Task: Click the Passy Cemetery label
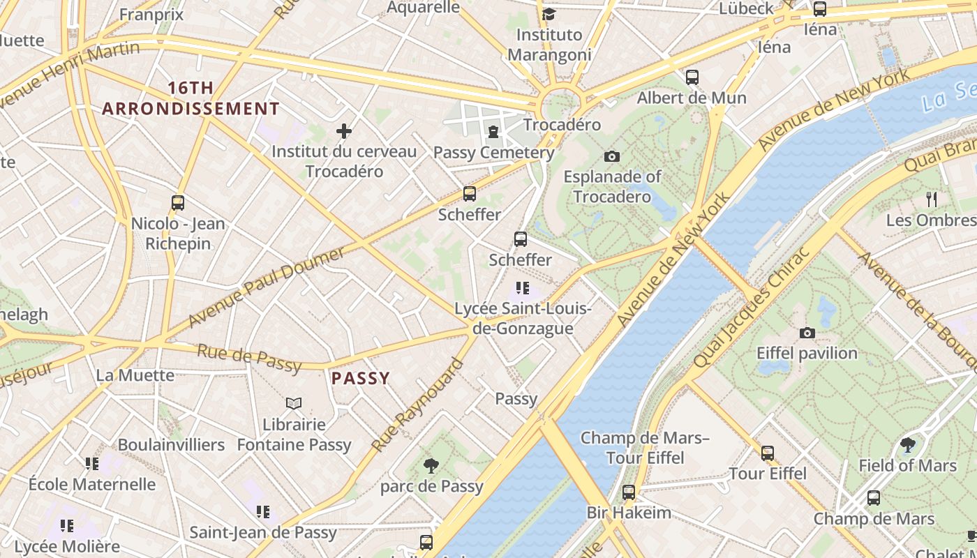coord(493,153)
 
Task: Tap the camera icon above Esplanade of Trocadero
coord(612,156)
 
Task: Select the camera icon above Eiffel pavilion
coord(807,333)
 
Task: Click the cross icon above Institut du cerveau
coord(343,130)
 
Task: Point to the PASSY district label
coord(360,378)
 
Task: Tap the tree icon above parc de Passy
coord(431,465)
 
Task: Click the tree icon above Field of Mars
coord(907,444)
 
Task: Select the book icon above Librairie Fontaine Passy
coord(294,403)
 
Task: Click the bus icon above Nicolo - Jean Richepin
coord(178,203)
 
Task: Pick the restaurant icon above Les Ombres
coord(932,199)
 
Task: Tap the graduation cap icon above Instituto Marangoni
coord(549,14)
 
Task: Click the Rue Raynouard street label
coord(417,405)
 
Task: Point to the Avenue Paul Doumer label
coord(267,286)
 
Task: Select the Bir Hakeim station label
coord(629,513)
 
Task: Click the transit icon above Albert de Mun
coord(692,77)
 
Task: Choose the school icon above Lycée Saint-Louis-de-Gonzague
coord(522,287)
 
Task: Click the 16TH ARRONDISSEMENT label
coord(191,98)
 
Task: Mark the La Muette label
coord(135,375)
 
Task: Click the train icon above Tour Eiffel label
coord(768,453)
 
